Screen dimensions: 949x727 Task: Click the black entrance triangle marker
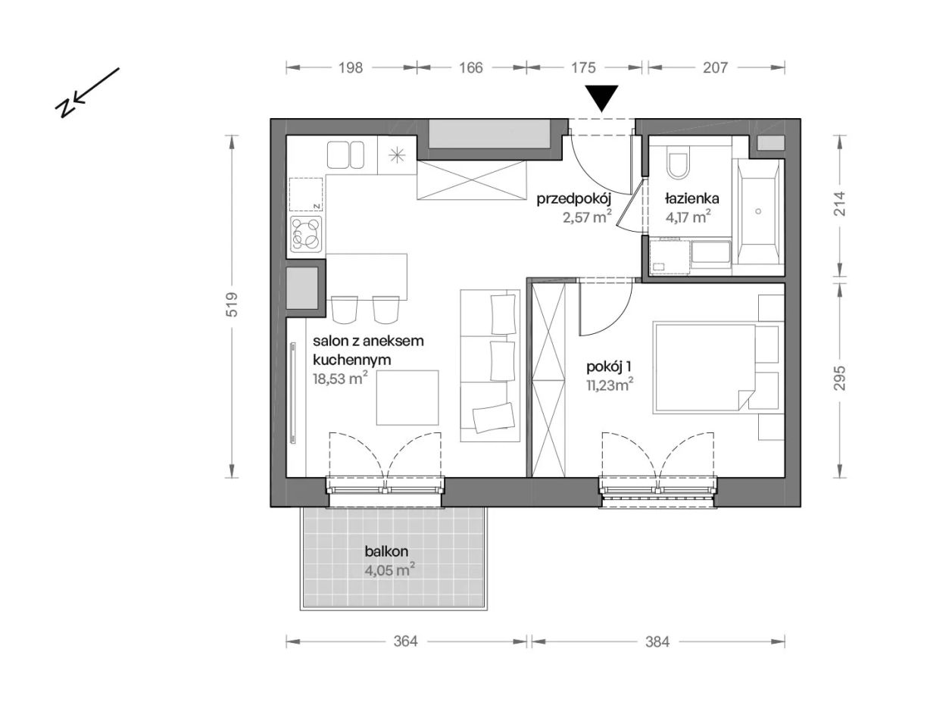(602, 98)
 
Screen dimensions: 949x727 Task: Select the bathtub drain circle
(759, 211)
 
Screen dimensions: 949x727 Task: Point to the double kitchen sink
(345, 154)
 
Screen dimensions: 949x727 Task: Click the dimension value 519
(232, 304)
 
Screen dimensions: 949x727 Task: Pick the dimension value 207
(716, 67)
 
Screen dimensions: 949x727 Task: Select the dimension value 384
(657, 641)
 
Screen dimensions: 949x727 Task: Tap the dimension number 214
(839, 204)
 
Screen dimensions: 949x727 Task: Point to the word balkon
(386, 551)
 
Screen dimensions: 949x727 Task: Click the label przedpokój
(573, 200)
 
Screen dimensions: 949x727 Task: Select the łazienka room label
(691, 199)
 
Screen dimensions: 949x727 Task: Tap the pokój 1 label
(608, 367)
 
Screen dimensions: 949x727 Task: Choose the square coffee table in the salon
(407, 398)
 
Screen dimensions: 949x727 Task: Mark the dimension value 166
(471, 67)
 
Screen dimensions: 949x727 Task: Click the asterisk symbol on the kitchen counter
(397, 155)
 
